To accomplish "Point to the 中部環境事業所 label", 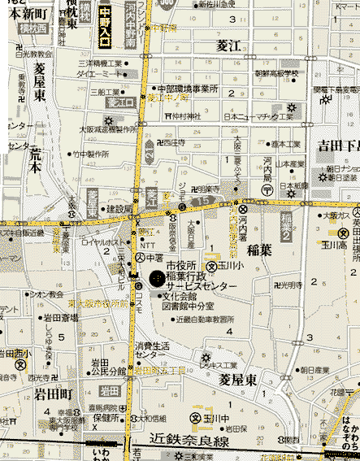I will pyautogui.click(x=188, y=89).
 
